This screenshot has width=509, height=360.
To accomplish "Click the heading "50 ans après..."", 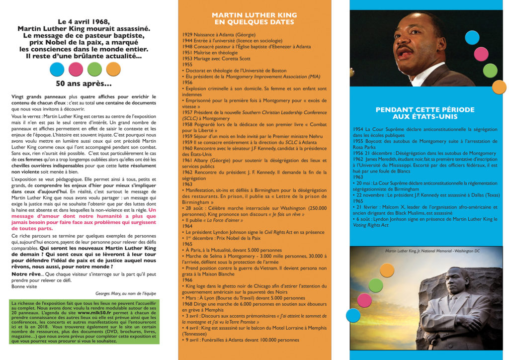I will [x=83, y=83].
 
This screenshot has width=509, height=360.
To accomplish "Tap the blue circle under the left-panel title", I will [x=57, y=69].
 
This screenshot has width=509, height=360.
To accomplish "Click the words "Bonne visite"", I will [x=24, y=286].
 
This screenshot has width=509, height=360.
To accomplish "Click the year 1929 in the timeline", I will [x=189, y=35].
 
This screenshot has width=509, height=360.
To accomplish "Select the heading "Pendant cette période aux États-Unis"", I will [x=425, y=113].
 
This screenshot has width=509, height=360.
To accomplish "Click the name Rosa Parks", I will [x=366, y=147].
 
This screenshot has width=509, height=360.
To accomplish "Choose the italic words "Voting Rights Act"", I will [x=370, y=225].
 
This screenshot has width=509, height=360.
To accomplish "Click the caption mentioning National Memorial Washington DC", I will [x=432, y=251].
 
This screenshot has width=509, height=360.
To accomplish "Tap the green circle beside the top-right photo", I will [x=490, y=70].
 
